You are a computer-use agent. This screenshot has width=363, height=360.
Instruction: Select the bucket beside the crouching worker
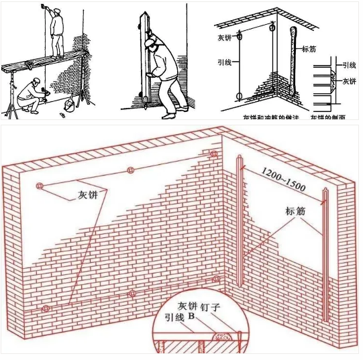tap(70, 105)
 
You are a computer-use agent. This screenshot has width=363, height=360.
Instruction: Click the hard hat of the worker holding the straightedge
tap(152, 40)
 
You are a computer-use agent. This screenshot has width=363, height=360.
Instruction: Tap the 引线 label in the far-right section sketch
tap(348, 65)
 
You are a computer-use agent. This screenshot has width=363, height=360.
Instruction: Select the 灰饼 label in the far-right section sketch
tap(348, 81)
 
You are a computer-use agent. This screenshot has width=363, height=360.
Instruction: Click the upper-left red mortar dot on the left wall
tap(40, 186)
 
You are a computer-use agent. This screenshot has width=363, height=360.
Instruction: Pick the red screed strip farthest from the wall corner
tap(325, 255)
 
